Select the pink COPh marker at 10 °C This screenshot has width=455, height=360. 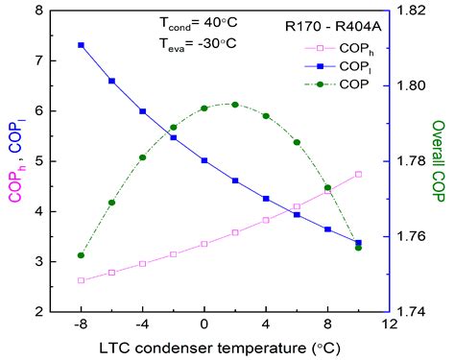point(358,174)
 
